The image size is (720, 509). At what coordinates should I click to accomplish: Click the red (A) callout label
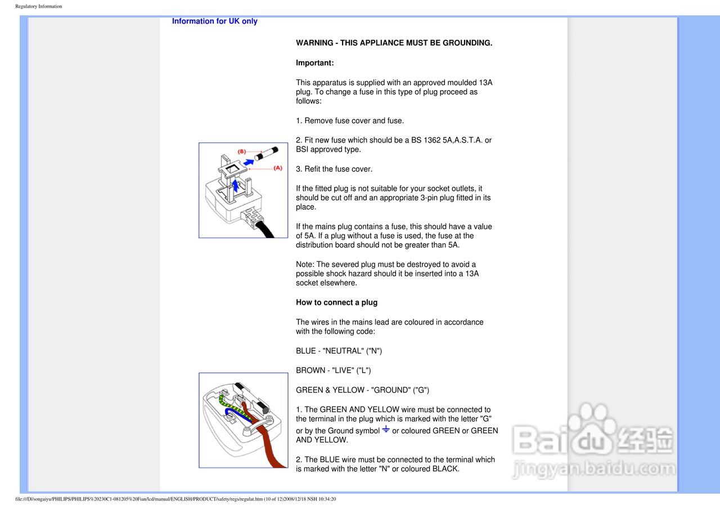tap(278, 168)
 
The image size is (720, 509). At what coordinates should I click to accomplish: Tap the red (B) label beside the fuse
tap(241, 151)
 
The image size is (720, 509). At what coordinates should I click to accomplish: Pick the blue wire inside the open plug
tap(229, 414)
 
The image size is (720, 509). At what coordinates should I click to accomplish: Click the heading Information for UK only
tap(214, 21)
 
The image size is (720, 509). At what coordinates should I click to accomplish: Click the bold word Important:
tap(314, 63)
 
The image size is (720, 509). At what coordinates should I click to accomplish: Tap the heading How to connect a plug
tap(336, 302)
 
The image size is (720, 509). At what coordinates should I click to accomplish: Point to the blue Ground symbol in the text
tap(386, 430)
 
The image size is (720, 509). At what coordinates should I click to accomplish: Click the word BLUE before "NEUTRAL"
tap(306, 351)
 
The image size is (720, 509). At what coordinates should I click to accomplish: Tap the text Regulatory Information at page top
tap(39, 6)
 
